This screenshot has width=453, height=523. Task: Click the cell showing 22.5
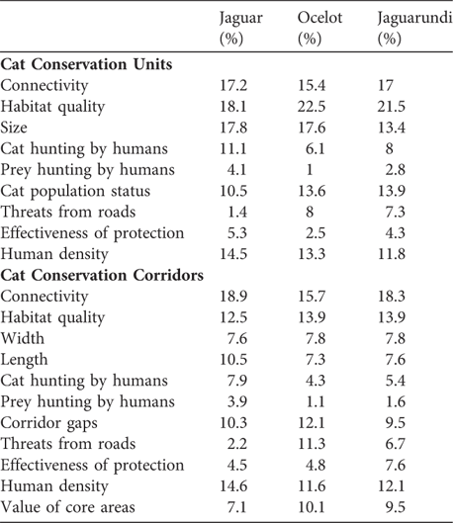tap(313, 107)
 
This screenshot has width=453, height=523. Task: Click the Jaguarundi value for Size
tap(395, 128)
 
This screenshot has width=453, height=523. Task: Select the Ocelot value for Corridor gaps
tap(313, 421)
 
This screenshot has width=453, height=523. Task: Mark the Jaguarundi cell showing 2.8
tap(399, 170)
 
